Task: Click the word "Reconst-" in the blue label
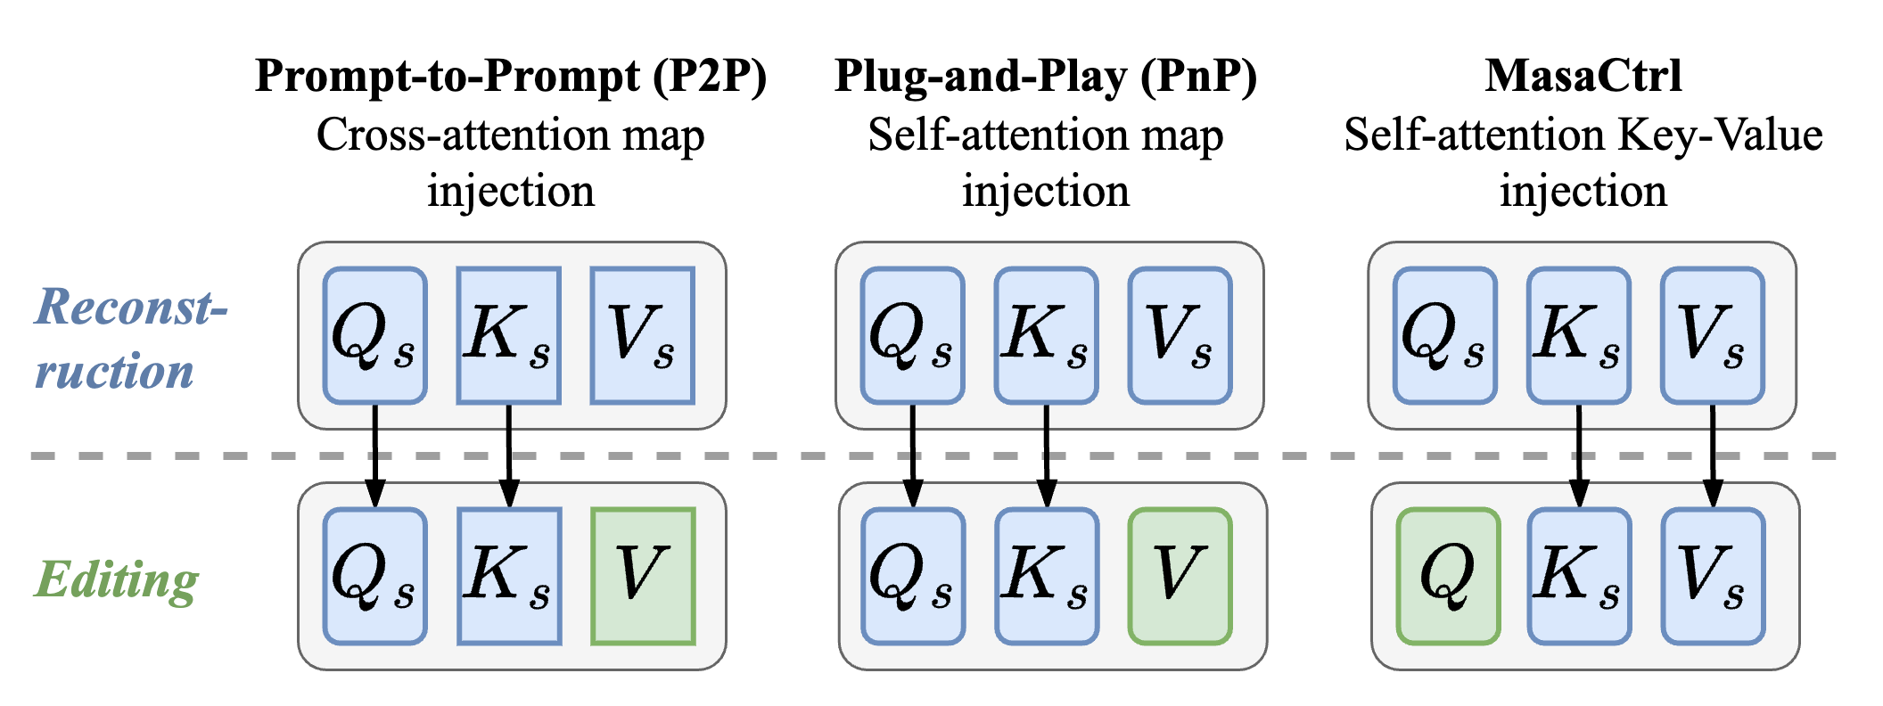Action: pyautogui.click(x=130, y=308)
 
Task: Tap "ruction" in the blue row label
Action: pyautogui.click(x=114, y=371)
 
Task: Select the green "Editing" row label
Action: pyautogui.click(x=116, y=580)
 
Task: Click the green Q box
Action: pyautogui.click(x=1448, y=576)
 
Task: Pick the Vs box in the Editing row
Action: pyautogui.click(x=1713, y=576)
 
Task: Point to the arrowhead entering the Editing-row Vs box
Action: pyautogui.click(x=1713, y=496)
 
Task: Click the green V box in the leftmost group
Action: pyautogui.click(x=643, y=576)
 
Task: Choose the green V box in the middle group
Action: pyautogui.click(x=1180, y=576)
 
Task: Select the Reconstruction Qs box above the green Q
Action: pyautogui.click(x=1444, y=335)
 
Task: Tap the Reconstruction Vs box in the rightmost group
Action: pyautogui.click(x=1713, y=335)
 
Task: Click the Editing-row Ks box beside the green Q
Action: pyautogui.click(x=1579, y=576)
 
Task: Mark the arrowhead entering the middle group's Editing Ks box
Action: pyautogui.click(x=1047, y=496)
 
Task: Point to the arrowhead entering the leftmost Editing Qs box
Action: pyautogui.click(x=375, y=496)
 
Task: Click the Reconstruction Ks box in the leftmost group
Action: pyautogui.click(x=508, y=335)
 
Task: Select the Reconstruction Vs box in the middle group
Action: pyautogui.click(x=1180, y=335)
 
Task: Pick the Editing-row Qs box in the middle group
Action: pyautogui.click(x=913, y=576)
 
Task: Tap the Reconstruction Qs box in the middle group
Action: pyautogui.click(x=912, y=335)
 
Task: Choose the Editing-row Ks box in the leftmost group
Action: pyautogui.click(x=509, y=576)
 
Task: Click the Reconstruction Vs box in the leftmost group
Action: pyautogui.click(x=642, y=335)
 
